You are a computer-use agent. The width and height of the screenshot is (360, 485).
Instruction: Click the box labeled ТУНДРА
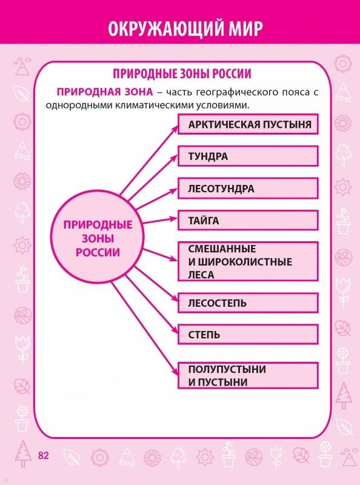(248, 156)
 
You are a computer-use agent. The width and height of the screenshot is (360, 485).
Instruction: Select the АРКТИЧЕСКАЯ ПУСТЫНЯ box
(248, 124)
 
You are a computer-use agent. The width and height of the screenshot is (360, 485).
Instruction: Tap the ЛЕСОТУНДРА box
(248, 189)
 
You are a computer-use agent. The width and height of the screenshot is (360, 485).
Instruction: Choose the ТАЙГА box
(248, 221)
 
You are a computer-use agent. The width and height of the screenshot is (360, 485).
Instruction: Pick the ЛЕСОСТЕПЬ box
(248, 303)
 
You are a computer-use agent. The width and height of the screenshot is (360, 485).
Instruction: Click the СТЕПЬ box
(248, 335)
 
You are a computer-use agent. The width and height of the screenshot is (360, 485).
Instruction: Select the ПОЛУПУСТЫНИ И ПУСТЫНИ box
(248, 375)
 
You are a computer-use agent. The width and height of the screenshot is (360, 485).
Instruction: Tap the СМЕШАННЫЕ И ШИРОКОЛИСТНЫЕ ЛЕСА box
(248, 262)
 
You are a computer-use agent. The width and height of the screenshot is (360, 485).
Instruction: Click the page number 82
(43, 455)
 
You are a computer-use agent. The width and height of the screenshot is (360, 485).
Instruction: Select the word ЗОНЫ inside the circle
(98, 238)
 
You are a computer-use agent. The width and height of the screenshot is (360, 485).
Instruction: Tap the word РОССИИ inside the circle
(98, 252)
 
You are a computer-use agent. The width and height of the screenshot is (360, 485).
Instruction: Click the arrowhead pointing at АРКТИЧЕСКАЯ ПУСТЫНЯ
(175, 128)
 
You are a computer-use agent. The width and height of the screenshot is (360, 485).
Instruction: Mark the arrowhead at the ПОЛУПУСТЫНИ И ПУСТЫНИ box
(175, 371)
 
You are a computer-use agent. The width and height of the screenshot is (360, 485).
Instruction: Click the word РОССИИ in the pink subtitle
(232, 74)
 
